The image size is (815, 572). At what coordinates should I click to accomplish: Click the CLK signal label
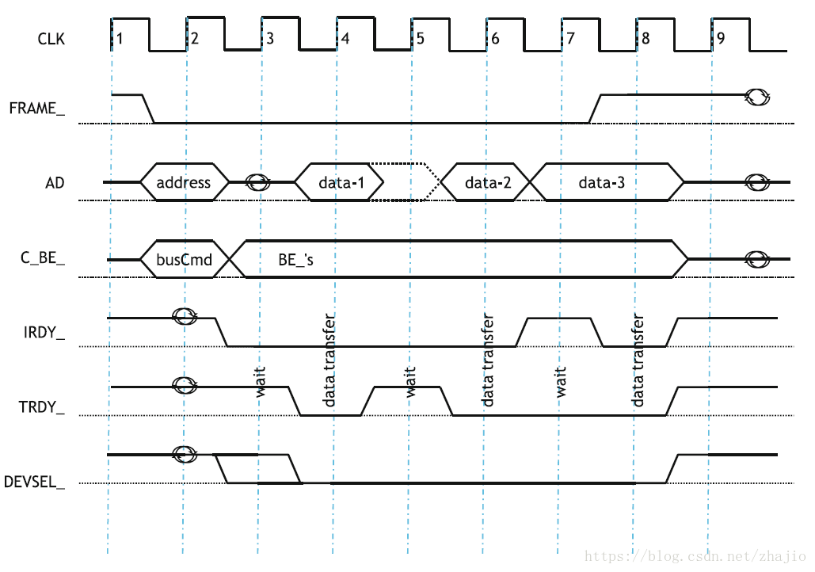[51, 37]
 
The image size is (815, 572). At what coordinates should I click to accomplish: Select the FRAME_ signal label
[37, 108]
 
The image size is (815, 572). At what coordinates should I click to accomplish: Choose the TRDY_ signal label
[42, 408]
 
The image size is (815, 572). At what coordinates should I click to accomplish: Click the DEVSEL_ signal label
[35, 481]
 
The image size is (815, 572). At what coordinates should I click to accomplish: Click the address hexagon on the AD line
[184, 183]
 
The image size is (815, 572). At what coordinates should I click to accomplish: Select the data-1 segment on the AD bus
[341, 183]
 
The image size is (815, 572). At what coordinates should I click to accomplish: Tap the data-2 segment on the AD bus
[487, 183]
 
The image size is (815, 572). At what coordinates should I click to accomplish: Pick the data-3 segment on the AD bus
[601, 183]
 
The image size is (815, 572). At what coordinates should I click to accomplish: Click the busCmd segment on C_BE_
[185, 259]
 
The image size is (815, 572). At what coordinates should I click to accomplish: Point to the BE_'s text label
[296, 259]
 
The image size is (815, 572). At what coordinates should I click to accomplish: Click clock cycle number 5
[421, 38]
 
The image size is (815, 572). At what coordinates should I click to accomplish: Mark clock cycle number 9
[719, 38]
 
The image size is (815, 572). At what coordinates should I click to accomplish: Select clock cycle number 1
[119, 38]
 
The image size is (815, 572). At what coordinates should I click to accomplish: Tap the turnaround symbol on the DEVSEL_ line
[185, 455]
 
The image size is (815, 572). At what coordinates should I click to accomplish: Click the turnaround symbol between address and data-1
[257, 182]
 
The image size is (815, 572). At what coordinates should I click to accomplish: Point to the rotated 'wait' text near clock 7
[561, 382]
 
